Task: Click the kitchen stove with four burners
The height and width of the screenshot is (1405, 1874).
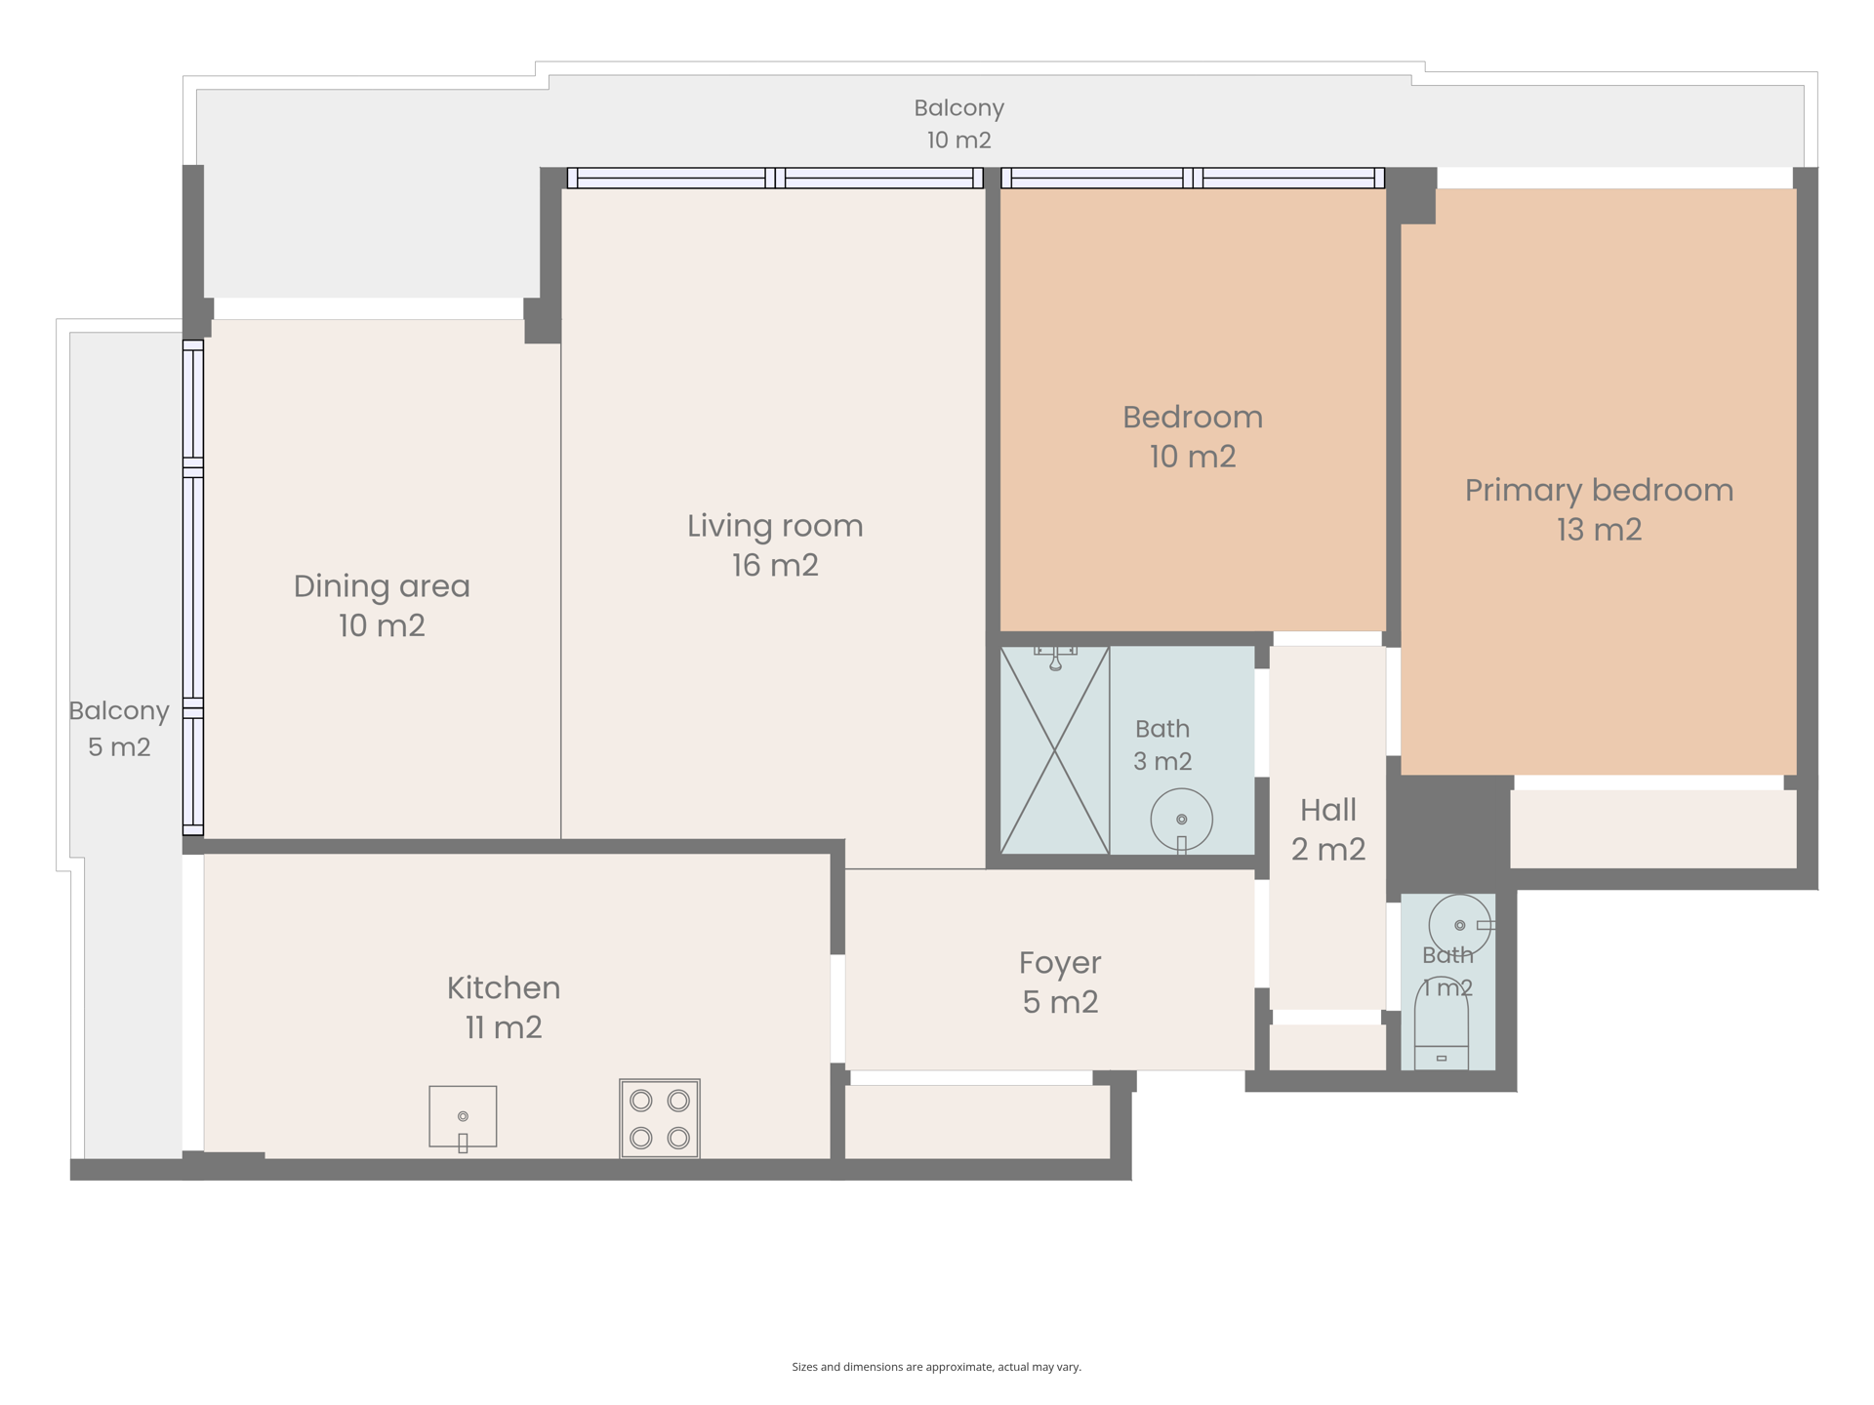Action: click(660, 1118)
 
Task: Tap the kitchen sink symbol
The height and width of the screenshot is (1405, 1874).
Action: click(463, 1118)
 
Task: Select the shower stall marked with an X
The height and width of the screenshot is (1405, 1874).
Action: click(1055, 750)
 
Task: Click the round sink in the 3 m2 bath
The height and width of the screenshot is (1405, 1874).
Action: click(1181, 821)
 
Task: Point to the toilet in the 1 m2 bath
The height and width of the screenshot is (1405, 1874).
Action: click(1442, 1023)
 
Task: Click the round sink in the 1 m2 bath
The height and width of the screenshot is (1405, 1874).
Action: click(1461, 925)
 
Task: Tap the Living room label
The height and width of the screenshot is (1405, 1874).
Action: click(775, 526)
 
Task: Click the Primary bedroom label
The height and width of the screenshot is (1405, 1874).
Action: click(1599, 490)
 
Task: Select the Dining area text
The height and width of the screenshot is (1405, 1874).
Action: click(382, 586)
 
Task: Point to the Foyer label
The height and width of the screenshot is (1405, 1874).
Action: click(1060, 963)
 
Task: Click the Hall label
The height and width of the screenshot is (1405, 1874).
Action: click(1328, 810)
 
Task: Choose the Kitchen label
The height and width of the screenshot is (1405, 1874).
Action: click(504, 988)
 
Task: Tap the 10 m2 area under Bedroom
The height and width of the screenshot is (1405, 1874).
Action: click(1193, 457)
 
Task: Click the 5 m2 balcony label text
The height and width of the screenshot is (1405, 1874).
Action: click(119, 747)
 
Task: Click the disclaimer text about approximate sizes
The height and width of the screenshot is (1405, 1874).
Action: click(937, 1367)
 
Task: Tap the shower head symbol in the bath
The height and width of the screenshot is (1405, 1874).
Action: click(1055, 658)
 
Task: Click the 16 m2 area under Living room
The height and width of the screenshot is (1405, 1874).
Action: click(775, 566)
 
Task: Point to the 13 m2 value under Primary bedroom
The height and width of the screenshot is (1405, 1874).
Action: click(1599, 530)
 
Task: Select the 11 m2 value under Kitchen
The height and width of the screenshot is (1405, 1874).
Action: click(504, 1027)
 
